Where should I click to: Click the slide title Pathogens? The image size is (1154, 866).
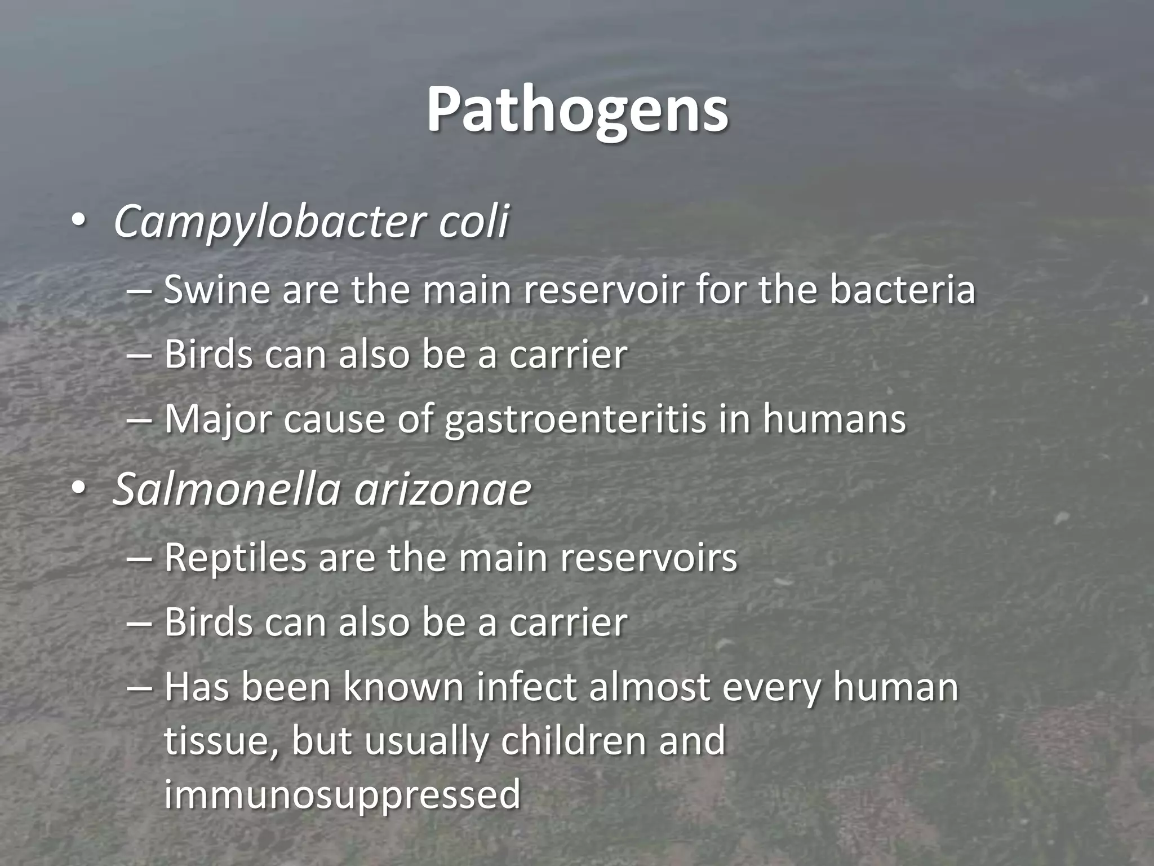click(x=577, y=110)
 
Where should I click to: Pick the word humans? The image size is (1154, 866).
click(x=834, y=419)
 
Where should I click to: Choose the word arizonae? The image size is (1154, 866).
click(x=443, y=489)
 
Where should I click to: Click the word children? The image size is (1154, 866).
click(x=573, y=740)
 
